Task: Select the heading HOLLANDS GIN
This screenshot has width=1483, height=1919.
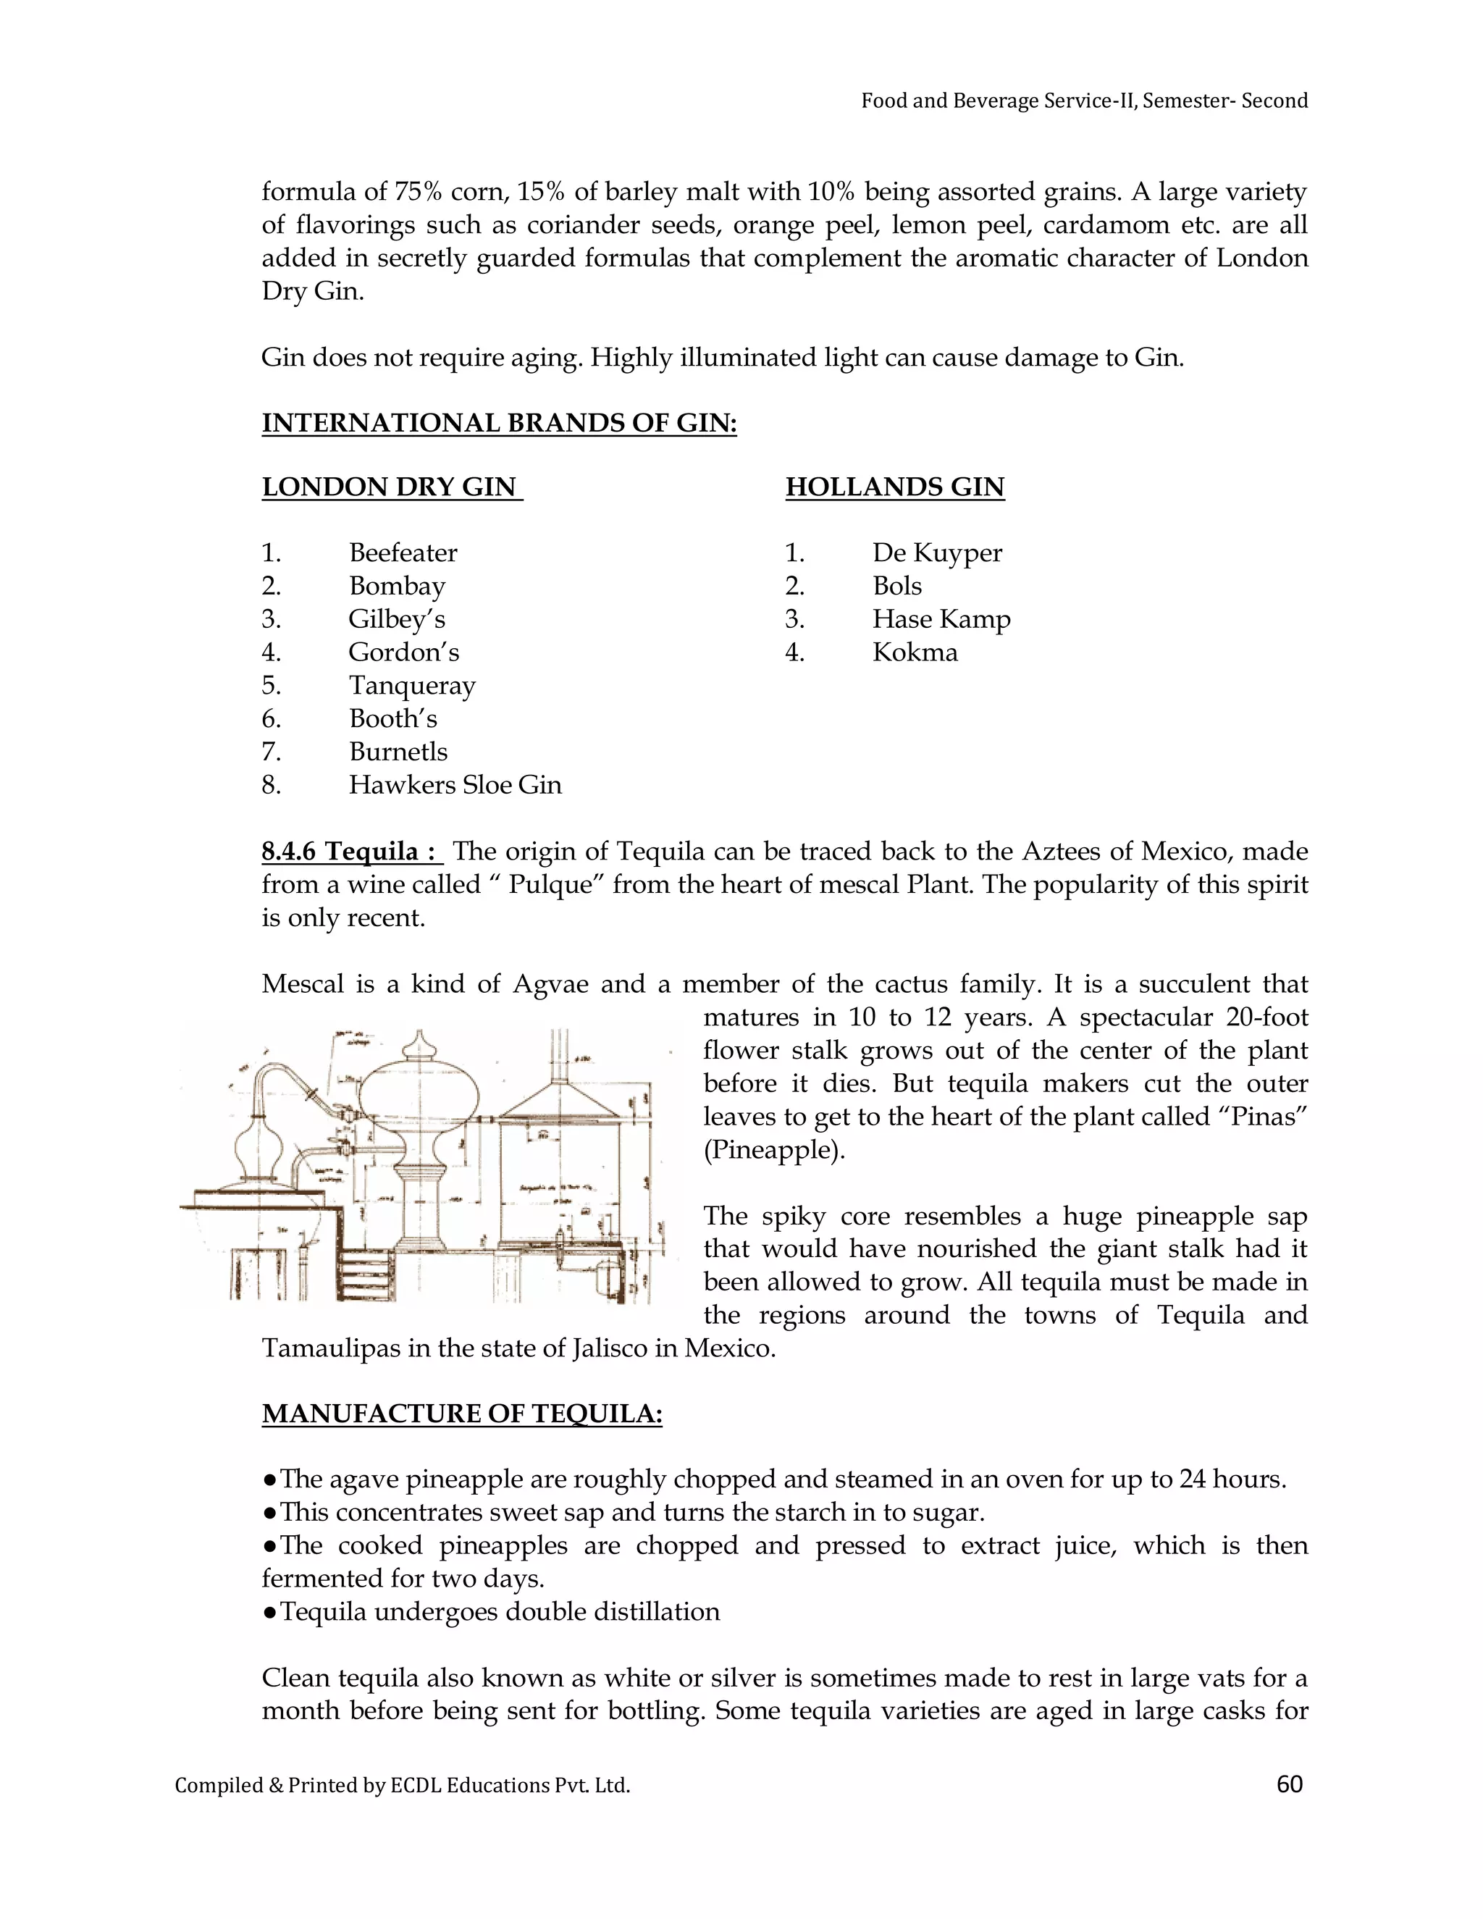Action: [x=894, y=487]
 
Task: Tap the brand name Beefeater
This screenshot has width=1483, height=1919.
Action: [x=403, y=553]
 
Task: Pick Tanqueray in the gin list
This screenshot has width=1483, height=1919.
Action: [x=411, y=685]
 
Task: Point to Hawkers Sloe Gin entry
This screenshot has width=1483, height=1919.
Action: [x=454, y=785]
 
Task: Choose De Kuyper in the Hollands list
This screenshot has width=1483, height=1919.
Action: [x=936, y=553]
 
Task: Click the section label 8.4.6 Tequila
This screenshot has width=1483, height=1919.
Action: [x=350, y=851]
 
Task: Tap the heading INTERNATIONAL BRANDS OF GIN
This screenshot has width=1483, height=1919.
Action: [x=499, y=423]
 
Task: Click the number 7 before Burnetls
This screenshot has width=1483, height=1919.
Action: [x=269, y=752]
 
